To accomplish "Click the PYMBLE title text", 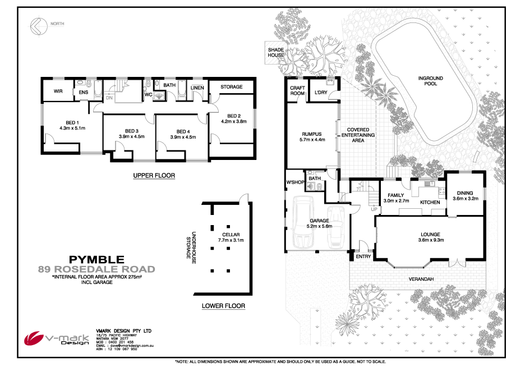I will pyautogui.click(x=96, y=259).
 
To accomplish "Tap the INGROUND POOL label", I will pyautogui.click(x=430, y=81).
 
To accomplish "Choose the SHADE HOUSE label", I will pyautogui.click(x=275, y=53).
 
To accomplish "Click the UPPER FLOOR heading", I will pyautogui.click(x=154, y=176).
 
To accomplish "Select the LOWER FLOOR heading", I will pyautogui.click(x=223, y=306).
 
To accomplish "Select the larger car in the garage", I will pyautogui.click(x=303, y=223).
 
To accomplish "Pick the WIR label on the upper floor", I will pyautogui.click(x=57, y=91).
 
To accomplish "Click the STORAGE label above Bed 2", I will pyautogui.click(x=231, y=87).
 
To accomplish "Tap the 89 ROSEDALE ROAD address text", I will pyautogui.click(x=96, y=269).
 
